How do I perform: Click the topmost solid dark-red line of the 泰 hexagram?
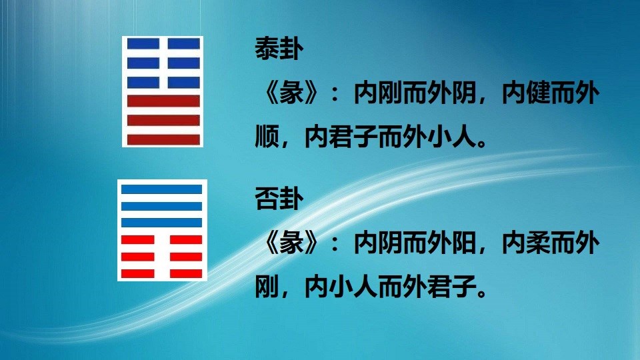tap(163, 102)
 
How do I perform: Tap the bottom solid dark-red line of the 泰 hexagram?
tap(163, 139)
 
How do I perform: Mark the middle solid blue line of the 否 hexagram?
tap(162, 205)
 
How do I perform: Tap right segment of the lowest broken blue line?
tap(183, 83)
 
